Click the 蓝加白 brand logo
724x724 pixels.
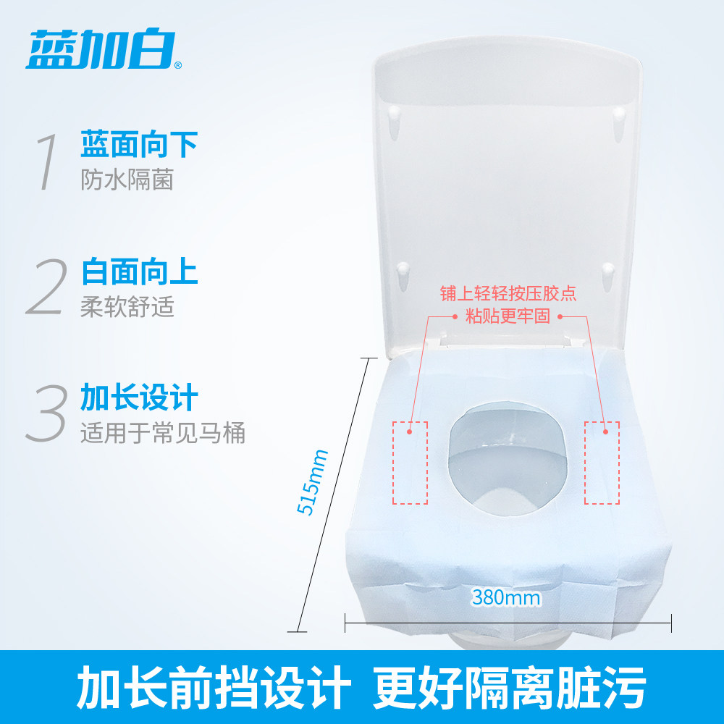pyautogui.click(x=101, y=50)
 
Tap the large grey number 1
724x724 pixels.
pyautogui.click(x=47, y=161)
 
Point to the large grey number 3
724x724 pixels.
pyautogui.click(x=46, y=413)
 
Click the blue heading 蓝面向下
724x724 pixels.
pyautogui.click(x=140, y=145)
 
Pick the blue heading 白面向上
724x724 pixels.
pyautogui.click(x=140, y=271)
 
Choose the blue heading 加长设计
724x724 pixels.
pyautogui.click(x=140, y=397)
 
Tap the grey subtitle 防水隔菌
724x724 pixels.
pyautogui.click(x=127, y=180)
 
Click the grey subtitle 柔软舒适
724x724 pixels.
pyautogui.click(x=127, y=306)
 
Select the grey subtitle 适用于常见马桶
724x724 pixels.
pyautogui.click(x=162, y=433)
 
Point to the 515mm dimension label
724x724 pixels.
pyautogui.click(x=312, y=482)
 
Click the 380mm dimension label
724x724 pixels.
pyautogui.click(x=505, y=597)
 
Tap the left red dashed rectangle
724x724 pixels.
pyautogui.click(x=410, y=463)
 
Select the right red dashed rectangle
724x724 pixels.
pyautogui.click(x=602, y=463)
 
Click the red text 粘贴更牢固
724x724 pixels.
pyautogui.click(x=508, y=316)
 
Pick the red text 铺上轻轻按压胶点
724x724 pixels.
pyautogui.click(x=508, y=294)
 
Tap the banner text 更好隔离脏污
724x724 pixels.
pyautogui.click(x=509, y=687)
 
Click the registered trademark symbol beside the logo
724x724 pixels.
pyautogui.click(x=179, y=65)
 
